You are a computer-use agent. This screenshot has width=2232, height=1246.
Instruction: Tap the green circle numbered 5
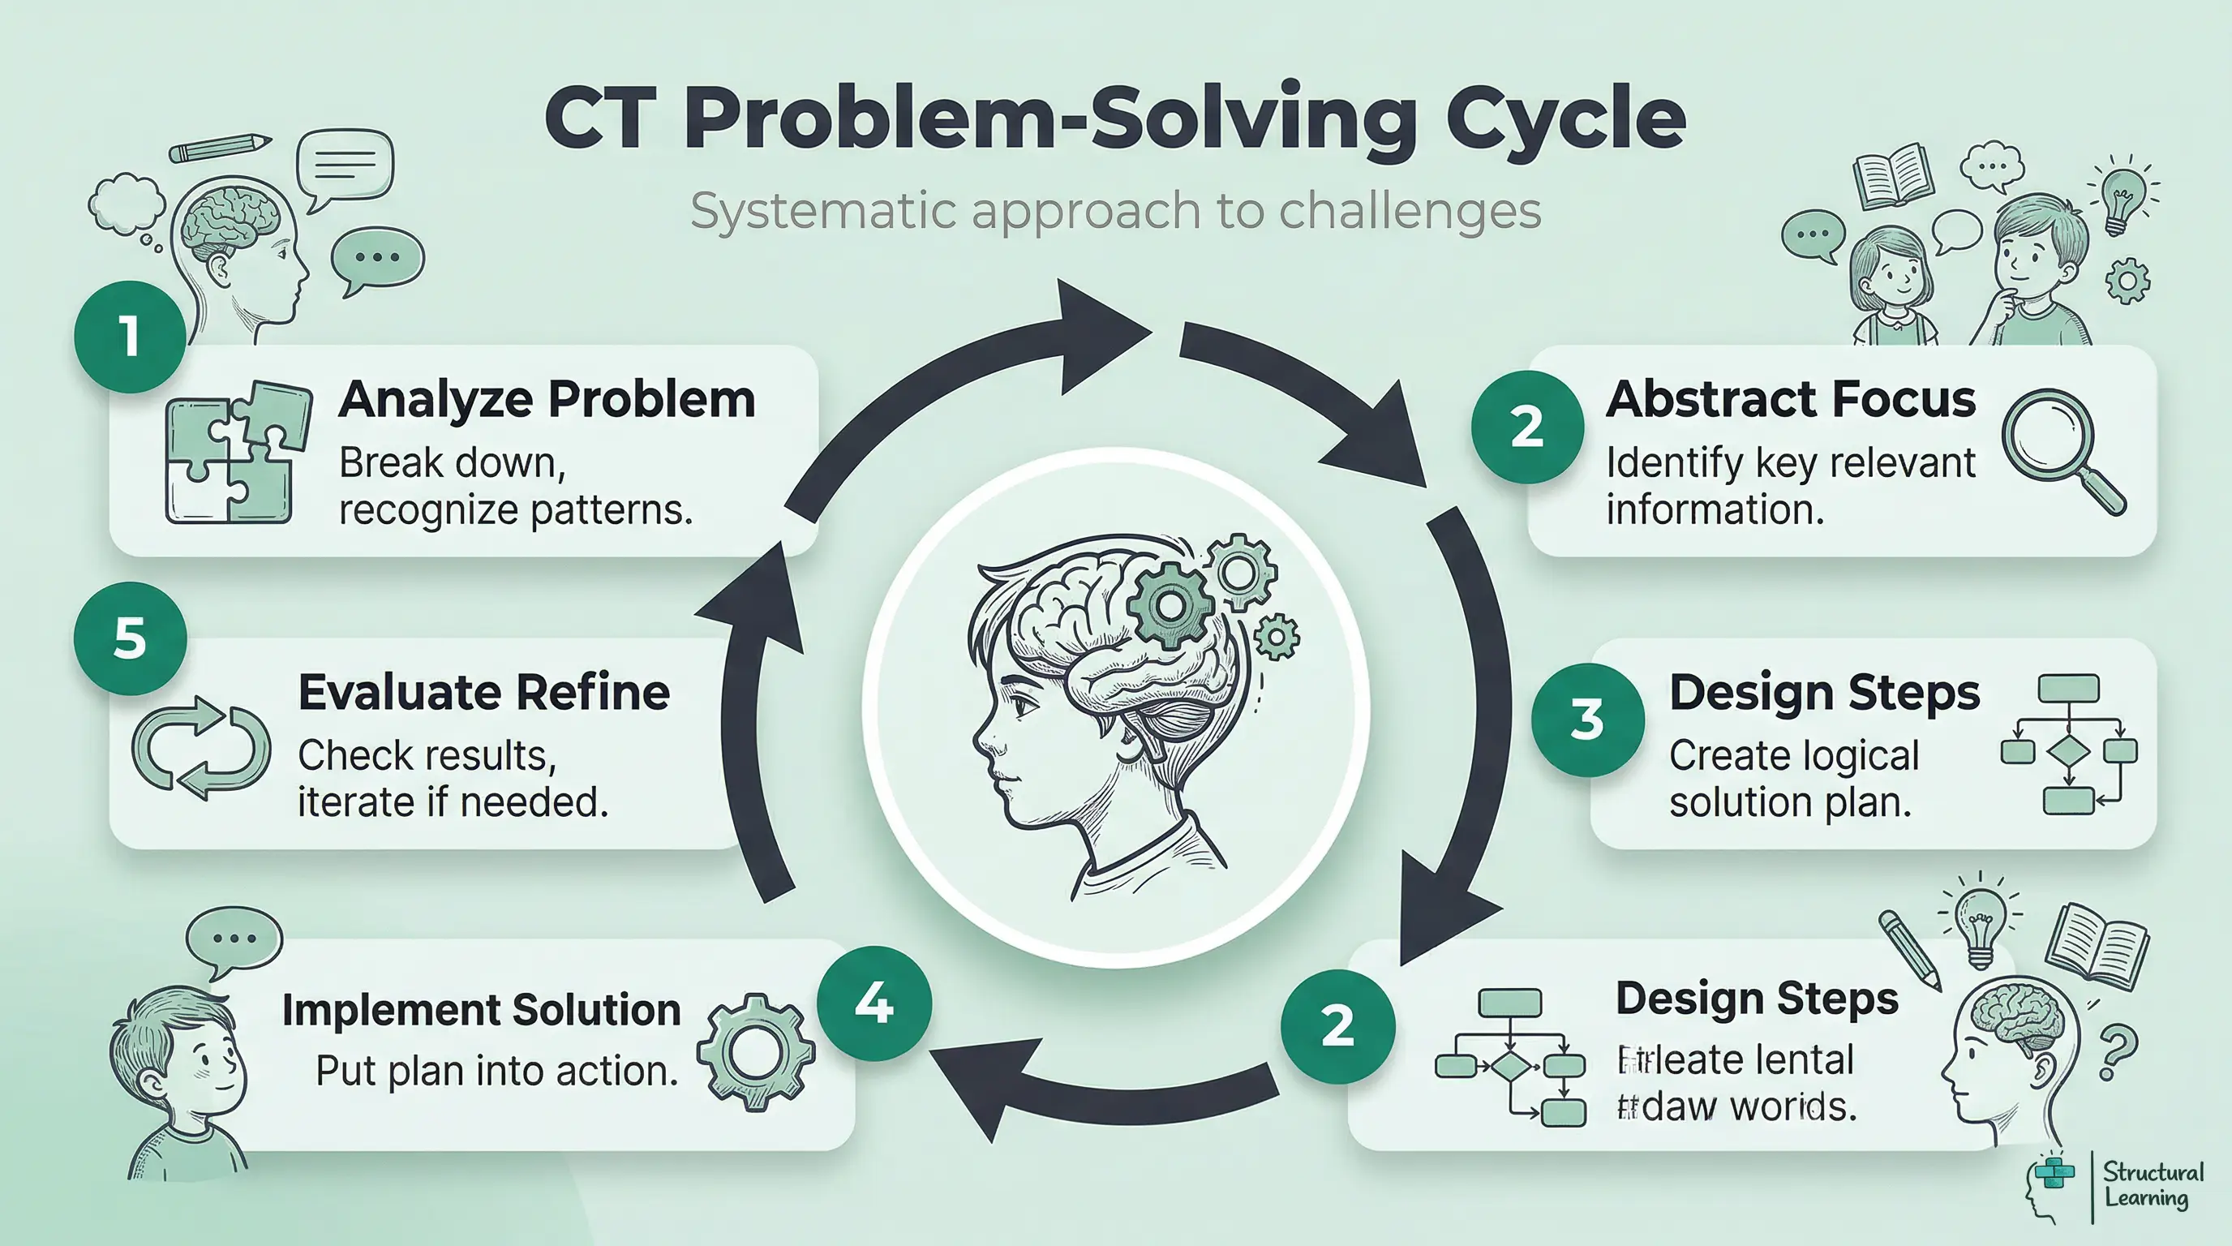coord(130,638)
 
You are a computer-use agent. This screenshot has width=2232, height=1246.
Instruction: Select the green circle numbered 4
coord(874,1003)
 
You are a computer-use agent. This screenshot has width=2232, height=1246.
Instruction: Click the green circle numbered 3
coord(1587,720)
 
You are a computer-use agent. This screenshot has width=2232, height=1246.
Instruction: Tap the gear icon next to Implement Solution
coord(756,1052)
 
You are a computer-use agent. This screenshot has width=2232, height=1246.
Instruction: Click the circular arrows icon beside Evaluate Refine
coord(201,747)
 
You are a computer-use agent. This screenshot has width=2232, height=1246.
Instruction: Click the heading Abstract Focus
coord(1790,399)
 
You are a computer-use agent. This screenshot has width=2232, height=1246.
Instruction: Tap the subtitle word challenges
coord(1410,211)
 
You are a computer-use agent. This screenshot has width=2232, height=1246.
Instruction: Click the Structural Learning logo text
coord(2153,1185)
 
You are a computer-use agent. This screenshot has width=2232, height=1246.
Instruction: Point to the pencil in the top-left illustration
coord(220,148)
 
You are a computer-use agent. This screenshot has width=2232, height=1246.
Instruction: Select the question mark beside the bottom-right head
coord(2118,1052)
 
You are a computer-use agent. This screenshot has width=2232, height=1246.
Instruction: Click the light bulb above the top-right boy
coord(2121,195)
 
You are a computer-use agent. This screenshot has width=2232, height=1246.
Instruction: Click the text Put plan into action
coord(496,1072)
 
